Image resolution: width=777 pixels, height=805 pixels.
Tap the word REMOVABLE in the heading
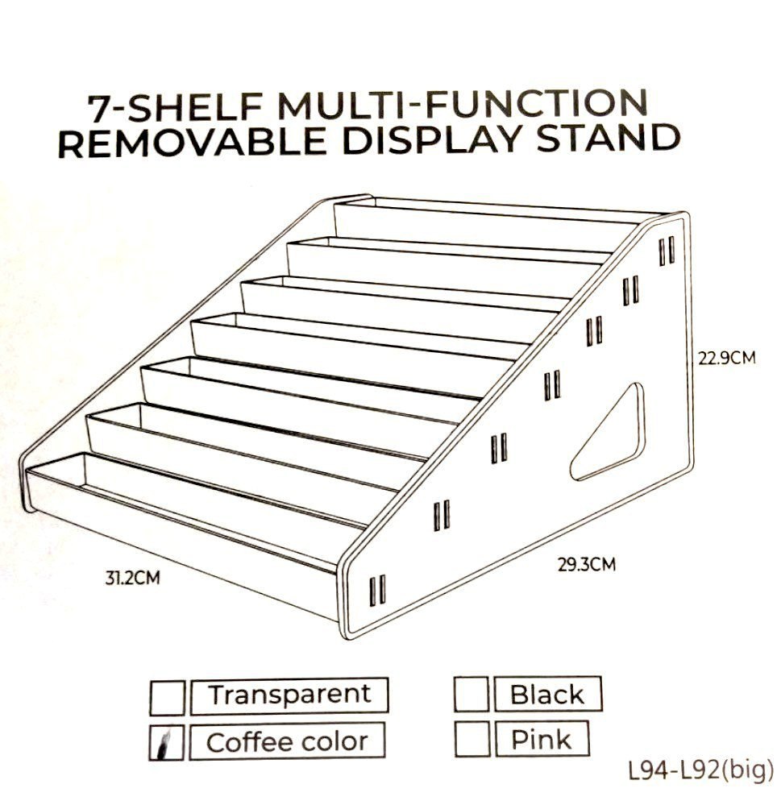[x=193, y=142]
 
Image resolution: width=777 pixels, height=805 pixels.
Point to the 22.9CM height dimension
[x=726, y=357]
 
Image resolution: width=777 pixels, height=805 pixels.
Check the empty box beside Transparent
[x=168, y=697]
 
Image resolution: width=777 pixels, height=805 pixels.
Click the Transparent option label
[x=289, y=695]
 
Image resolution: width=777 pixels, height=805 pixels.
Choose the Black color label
[x=546, y=694]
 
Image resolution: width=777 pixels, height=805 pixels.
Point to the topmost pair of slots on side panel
[x=667, y=251]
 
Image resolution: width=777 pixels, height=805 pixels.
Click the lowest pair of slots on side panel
[x=377, y=591]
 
